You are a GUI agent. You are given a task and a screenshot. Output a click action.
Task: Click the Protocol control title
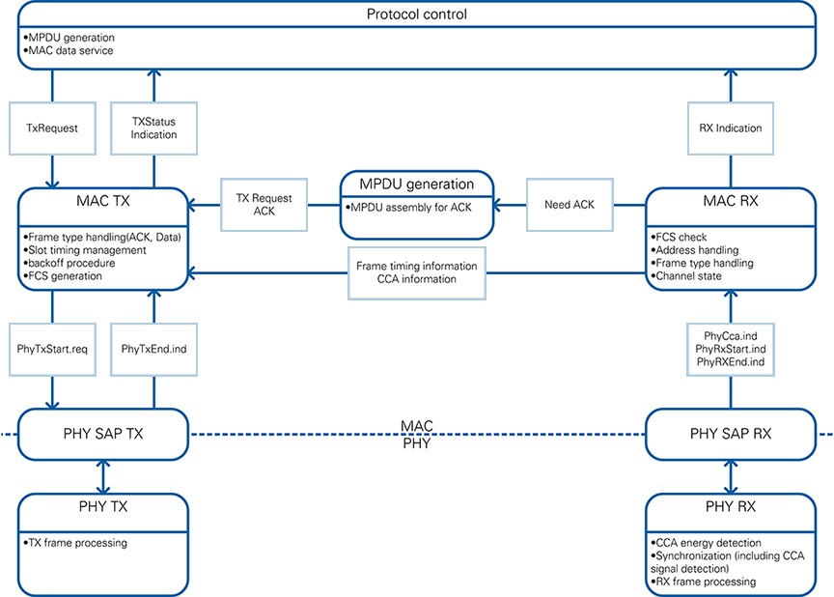coord(416,14)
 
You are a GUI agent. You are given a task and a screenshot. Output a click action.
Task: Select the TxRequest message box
coord(52,128)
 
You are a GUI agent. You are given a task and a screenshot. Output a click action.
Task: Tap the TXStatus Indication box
coord(153,128)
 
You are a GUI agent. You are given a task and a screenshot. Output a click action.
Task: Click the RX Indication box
coord(731,128)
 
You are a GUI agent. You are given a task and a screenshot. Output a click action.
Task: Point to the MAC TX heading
coord(103,201)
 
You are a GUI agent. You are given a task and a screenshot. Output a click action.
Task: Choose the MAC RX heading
coord(731,201)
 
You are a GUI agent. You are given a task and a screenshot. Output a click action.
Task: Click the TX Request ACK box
coord(264,205)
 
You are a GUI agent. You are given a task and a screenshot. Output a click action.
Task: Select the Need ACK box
coord(570,205)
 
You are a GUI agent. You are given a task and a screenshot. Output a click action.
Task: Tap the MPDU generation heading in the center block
coord(416,185)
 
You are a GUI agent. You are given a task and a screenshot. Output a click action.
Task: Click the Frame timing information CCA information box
coord(416,273)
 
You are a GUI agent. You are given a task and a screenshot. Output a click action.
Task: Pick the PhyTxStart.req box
coord(52,349)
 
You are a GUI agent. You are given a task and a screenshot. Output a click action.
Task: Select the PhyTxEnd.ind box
coord(153,349)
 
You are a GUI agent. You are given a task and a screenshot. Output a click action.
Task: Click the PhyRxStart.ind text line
coord(731,349)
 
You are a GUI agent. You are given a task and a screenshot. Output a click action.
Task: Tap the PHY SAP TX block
coord(103,434)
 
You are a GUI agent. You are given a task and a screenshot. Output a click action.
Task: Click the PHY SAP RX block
coord(731,434)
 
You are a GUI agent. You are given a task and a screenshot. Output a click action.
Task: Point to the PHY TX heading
coord(103,506)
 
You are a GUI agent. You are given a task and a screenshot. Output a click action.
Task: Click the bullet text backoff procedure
coord(69,264)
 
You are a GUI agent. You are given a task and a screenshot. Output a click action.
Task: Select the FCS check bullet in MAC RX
coord(679,238)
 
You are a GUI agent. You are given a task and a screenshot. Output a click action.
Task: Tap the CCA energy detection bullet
coord(706,543)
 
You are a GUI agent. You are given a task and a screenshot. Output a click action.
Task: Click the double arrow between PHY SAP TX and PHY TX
coord(103,477)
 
